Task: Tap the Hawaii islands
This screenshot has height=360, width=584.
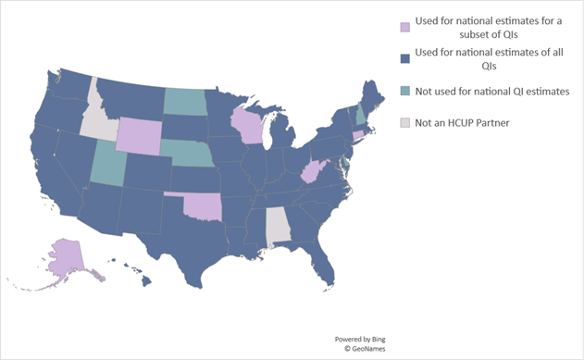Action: (141, 274)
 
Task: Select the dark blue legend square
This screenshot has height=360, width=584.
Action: (403, 58)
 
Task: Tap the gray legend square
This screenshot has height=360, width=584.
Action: (403, 121)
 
